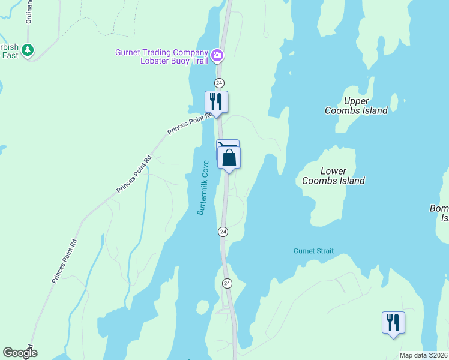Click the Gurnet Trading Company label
coord(161,52)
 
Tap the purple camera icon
coord(217,56)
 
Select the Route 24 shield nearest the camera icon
coord(219,82)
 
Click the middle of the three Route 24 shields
coord(223,232)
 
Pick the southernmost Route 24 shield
coord(227,283)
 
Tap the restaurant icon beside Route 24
coord(216,101)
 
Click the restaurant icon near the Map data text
coord(393,322)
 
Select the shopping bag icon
coord(229,158)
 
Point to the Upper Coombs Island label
coord(356,106)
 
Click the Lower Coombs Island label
coord(333,176)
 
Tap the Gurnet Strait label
coord(313,251)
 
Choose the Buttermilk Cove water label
coord(204,188)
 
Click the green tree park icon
coord(28,50)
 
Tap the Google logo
coord(20,353)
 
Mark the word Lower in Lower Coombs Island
coord(333,171)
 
